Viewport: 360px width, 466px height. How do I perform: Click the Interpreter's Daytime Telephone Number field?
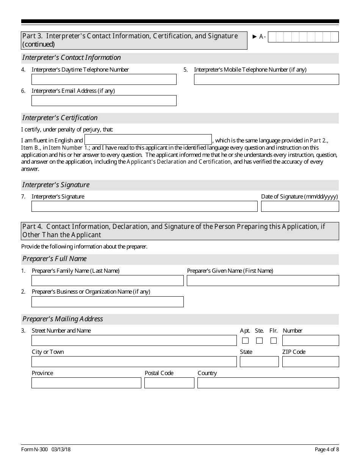click(x=104, y=79)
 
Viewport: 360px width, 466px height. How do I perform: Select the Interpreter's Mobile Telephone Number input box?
click(x=266, y=79)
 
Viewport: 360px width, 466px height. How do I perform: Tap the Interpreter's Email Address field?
click(x=104, y=100)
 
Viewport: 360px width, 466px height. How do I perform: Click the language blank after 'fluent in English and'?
click(x=148, y=139)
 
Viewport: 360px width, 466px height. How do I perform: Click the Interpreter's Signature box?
click(x=144, y=206)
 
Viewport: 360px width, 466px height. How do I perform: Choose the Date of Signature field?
click(x=300, y=206)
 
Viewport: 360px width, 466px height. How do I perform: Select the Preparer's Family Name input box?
click(x=107, y=280)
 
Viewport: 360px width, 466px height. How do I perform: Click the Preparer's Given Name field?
click(x=263, y=280)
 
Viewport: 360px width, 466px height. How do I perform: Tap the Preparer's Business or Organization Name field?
click(x=107, y=302)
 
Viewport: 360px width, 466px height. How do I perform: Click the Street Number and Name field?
click(x=134, y=340)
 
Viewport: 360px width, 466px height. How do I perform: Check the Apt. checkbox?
click(x=245, y=341)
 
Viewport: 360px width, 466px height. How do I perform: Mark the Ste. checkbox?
click(x=259, y=341)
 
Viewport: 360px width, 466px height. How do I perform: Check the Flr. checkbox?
click(x=274, y=341)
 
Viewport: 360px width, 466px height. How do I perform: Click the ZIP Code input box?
click(x=310, y=361)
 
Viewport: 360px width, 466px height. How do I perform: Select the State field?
click(x=259, y=361)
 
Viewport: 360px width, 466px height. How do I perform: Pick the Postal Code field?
click(x=169, y=383)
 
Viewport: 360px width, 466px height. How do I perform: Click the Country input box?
click(x=268, y=383)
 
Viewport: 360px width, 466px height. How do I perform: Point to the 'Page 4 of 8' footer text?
click(x=327, y=450)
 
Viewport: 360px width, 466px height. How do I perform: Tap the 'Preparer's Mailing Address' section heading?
click(x=63, y=319)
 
